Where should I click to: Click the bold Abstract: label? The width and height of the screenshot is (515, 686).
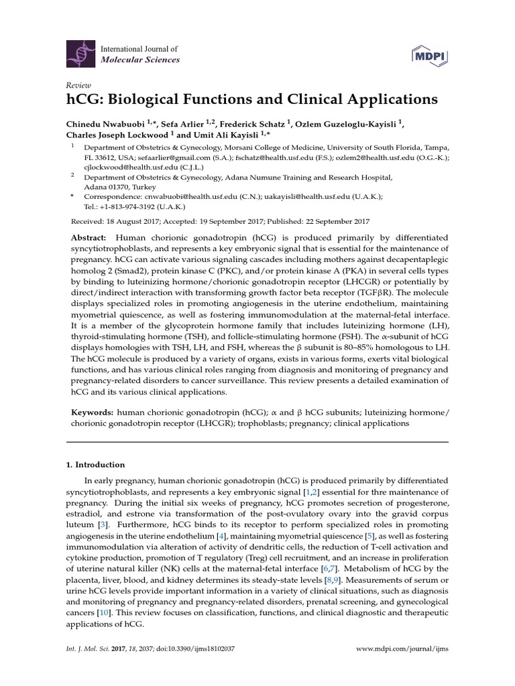(89, 238)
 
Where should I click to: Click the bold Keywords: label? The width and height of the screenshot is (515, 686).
(91, 413)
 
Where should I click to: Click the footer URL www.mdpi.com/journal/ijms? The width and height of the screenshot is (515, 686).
(402, 649)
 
